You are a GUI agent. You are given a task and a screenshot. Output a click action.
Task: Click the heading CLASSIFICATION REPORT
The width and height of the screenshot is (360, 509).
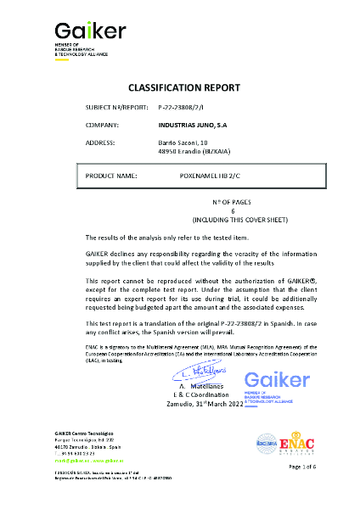[x=183, y=87]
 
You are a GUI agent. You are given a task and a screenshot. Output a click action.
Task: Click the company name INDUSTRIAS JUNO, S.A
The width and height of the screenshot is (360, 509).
[x=192, y=125]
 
